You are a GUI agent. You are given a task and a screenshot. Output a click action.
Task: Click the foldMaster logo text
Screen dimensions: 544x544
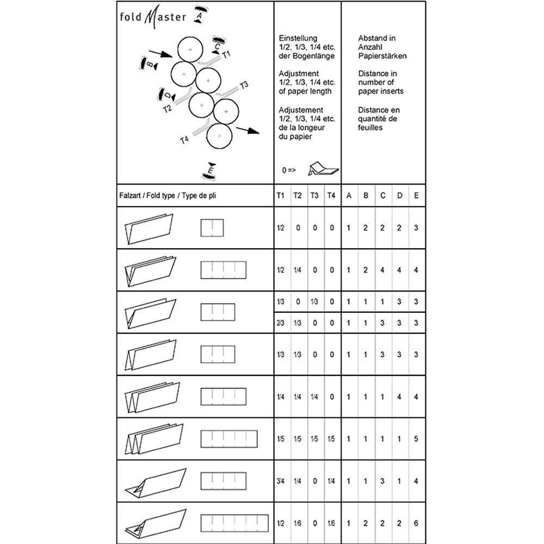[x=153, y=16]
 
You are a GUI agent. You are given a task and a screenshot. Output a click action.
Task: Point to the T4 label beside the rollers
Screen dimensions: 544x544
[x=184, y=140]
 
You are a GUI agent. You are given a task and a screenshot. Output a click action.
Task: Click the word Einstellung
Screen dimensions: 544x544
[x=297, y=39]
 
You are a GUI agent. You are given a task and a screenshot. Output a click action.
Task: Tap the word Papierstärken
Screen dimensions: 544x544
[x=382, y=56]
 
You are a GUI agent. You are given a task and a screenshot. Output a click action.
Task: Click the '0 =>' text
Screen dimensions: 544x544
[x=288, y=170]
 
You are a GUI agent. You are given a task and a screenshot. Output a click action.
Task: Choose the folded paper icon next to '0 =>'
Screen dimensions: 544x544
[x=322, y=169]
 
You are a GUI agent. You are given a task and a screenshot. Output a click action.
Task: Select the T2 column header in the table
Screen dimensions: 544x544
[x=298, y=195]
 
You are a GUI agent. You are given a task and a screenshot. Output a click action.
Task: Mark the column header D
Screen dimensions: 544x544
[x=399, y=195]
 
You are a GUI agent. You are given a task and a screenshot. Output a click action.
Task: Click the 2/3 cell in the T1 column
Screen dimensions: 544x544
[x=281, y=323]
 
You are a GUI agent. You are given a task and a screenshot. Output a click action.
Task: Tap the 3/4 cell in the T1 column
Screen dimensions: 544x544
[x=281, y=480]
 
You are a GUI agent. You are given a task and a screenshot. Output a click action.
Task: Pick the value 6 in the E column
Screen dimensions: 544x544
[x=416, y=523]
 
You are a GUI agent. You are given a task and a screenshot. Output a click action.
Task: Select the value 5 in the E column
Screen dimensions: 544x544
[x=416, y=438]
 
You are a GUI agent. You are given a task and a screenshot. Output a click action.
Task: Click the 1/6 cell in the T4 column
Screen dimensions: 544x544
[x=331, y=523]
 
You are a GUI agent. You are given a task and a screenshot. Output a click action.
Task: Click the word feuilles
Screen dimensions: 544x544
[x=370, y=128]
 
